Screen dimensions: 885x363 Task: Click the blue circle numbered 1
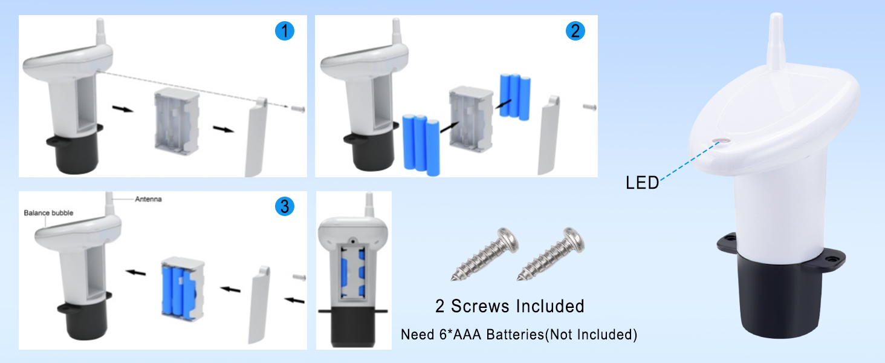click(285, 31)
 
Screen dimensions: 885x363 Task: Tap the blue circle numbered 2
click(575, 31)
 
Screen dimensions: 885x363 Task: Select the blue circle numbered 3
click(285, 206)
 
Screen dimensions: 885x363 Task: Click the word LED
click(642, 183)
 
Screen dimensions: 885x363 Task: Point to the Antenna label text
click(148, 199)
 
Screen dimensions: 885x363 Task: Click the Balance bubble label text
click(48, 213)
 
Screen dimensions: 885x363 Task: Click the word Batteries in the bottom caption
click(515, 335)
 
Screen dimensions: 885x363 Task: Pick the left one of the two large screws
click(485, 254)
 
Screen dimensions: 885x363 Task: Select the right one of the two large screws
click(551, 254)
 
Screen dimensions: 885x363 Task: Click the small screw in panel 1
click(298, 108)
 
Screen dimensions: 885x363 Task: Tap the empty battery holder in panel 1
click(177, 121)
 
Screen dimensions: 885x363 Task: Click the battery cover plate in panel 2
click(548, 136)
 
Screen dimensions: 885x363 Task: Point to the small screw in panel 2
click(590, 106)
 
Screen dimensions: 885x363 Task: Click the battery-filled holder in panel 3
click(183, 289)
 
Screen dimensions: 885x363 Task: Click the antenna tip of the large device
click(776, 16)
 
